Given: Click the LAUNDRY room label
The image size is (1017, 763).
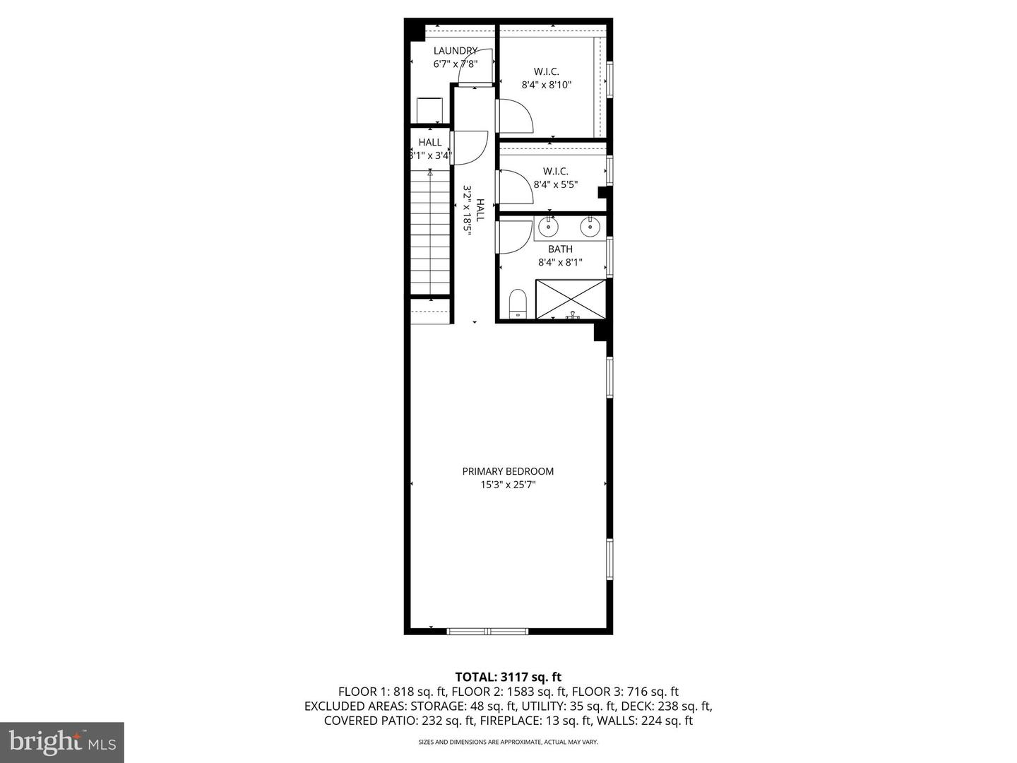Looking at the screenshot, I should pos(455,51).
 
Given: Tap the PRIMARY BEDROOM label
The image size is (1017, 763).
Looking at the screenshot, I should pos(508,471).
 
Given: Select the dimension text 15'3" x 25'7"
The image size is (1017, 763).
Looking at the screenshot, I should pos(508,485).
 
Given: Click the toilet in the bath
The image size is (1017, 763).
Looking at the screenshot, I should pos(518,304).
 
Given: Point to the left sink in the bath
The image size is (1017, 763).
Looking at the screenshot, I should pos(548,227).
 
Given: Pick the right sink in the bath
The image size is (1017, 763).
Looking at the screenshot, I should pos(589,227).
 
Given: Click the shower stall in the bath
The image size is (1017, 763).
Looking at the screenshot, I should pos(571,299).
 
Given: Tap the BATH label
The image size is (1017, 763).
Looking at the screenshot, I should pos(560,249).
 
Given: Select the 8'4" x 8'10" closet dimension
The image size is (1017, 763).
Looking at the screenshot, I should pos(546,85).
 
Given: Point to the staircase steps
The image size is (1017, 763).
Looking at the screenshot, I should pos(431,233).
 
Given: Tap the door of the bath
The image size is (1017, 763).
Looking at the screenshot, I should pos(514,237).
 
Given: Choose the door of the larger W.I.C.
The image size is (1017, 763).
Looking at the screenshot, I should pos(514,116).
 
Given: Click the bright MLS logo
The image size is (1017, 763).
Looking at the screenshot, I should pos(61,742).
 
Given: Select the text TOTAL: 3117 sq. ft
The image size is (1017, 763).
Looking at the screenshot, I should pos(508,677).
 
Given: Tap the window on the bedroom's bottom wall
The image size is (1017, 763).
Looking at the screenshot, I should pos(487,631).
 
